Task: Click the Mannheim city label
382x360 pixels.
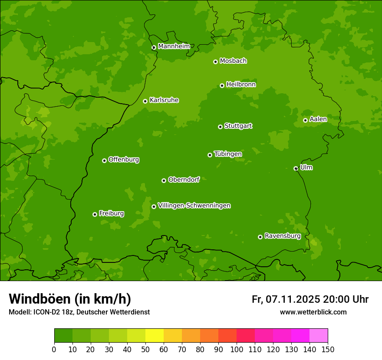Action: pos(174,46)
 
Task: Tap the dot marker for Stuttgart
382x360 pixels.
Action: pos(220,127)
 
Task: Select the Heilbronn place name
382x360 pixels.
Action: pos(241,85)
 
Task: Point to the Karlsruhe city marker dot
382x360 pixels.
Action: pos(145,101)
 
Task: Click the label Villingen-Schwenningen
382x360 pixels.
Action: pos(194,206)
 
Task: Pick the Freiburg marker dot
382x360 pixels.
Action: pos(95,214)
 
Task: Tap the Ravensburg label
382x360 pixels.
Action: pos(282,236)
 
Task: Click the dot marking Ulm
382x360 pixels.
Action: pos(296,168)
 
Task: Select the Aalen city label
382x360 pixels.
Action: pos(318,119)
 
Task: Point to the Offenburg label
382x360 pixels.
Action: pos(124,160)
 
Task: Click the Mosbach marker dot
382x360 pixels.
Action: pos(215,62)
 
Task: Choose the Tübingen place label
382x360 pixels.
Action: pos(228,154)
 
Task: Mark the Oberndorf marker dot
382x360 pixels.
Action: pos(164,180)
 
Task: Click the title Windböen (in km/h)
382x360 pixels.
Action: pos(70,299)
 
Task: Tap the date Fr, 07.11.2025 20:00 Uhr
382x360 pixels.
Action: pos(310,299)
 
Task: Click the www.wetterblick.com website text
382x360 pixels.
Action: pos(313,312)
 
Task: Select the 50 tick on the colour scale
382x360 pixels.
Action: pos(145,349)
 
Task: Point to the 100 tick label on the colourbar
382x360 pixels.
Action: pos(237,349)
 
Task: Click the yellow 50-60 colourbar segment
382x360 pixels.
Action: pos(155,336)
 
